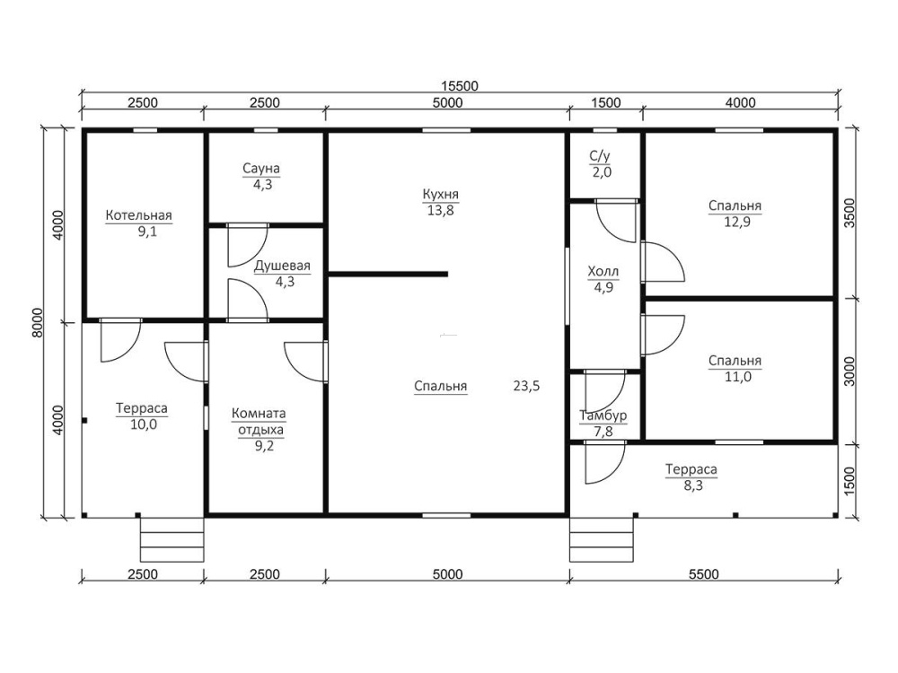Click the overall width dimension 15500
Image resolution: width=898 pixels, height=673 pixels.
coord(459,86)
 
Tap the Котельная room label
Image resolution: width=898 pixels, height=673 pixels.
coord(138,215)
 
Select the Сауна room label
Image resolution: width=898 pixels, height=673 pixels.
coord(261,169)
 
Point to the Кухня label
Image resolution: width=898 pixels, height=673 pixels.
coord(440,195)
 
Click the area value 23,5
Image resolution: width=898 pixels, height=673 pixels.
coord(526,386)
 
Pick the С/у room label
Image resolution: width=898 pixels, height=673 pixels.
coord(600,155)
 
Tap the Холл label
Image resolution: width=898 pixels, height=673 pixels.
coord(603,271)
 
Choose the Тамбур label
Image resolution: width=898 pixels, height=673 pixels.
coord(603,415)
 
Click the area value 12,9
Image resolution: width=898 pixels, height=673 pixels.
coord(737,222)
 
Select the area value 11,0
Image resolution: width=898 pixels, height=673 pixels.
coord(737,377)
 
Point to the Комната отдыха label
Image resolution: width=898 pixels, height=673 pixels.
coord(259,421)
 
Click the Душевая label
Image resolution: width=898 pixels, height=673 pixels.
coord(282,267)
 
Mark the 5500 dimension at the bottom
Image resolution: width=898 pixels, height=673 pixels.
coord(703,574)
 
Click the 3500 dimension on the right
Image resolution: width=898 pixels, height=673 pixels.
coord(850,213)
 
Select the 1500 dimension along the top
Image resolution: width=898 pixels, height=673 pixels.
coord(605,103)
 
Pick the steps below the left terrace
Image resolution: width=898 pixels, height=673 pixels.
coord(172,539)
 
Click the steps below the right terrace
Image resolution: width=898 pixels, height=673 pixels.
coord(602,539)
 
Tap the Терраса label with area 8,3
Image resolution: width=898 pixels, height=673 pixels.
coord(691,470)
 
